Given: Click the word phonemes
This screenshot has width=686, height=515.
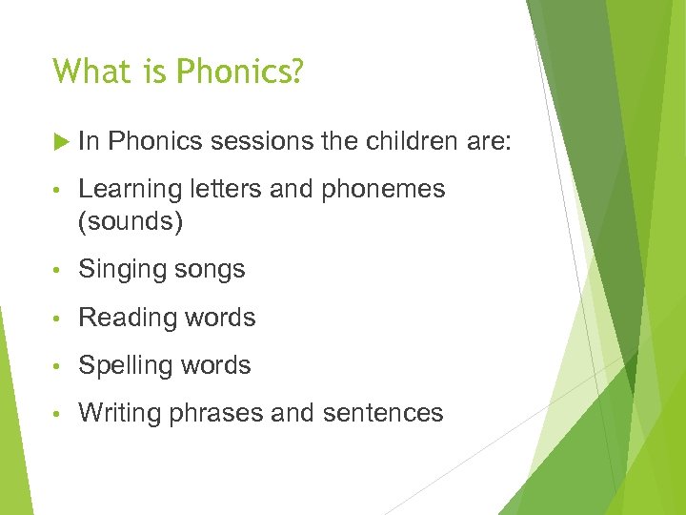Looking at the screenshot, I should coord(383,190).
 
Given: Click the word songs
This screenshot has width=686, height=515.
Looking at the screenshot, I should coord(210,270).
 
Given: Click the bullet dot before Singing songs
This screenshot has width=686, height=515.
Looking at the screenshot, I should coord(60,271).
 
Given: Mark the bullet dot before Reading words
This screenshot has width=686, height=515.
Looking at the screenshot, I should coord(60,319).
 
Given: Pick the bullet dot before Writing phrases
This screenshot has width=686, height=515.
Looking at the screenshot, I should coord(60,414).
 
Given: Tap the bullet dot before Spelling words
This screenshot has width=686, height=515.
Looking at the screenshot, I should coord(60,366).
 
